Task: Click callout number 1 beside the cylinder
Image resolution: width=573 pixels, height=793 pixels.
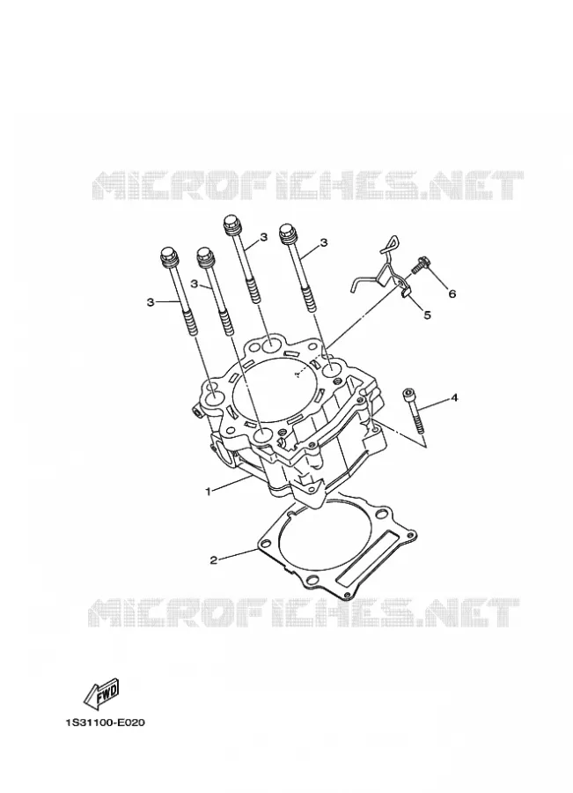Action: point(207,490)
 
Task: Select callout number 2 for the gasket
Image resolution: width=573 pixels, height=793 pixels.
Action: point(214,560)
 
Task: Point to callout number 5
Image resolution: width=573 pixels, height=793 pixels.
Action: point(427,315)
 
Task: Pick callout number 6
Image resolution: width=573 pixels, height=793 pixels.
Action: point(452,293)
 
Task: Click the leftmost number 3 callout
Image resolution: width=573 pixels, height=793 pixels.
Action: point(150,302)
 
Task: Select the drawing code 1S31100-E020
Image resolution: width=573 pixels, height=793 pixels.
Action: point(105,723)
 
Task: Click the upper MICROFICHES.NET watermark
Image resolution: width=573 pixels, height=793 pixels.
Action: point(308,185)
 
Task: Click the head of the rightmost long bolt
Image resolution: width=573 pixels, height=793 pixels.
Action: point(288,233)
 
